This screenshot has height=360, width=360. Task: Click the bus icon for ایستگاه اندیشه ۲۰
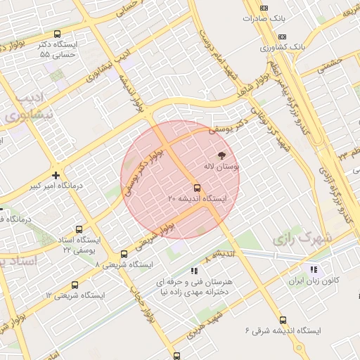(197, 188)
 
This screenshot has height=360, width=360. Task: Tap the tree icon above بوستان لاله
(222, 155)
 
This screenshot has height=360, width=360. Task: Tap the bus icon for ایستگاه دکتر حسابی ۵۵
(57, 33)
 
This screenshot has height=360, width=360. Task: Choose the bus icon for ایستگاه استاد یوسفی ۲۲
(79, 229)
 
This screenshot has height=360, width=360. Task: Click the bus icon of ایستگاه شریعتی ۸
(124, 254)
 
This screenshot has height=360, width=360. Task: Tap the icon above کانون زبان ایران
(314, 269)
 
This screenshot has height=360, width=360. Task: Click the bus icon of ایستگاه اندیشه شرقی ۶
(283, 320)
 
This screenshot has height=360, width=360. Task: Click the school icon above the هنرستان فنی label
(195, 270)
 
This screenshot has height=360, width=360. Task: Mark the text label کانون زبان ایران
(315, 280)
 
